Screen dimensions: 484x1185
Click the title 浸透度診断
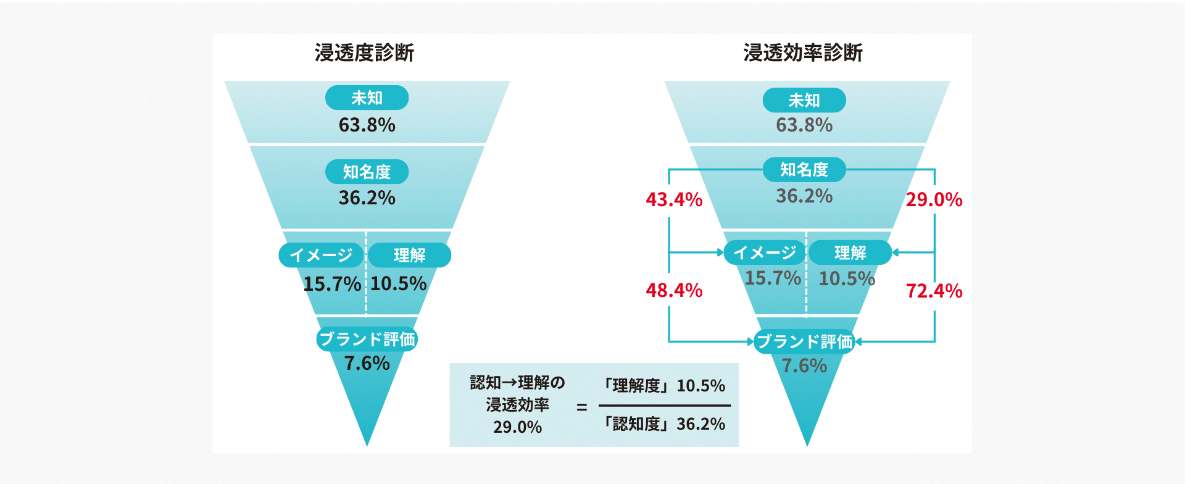(x=364, y=53)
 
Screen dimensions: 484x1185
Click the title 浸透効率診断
(x=802, y=53)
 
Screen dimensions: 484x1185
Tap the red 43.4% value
(x=674, y=199)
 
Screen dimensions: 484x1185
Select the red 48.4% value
(x=674, y=290)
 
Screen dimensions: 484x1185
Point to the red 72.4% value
(x=934, y=291)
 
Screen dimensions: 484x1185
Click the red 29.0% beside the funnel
(x=934, y=199)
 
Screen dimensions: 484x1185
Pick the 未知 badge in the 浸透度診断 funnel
(x=367, y=98)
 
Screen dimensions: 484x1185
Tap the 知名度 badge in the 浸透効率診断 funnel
(x=804, y=169)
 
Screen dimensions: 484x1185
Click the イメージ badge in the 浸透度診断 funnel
(x=322, y=255)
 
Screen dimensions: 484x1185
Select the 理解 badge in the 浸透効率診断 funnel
(x=850, y=252)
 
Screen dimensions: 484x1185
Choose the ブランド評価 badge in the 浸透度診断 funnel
(x=367, y=339)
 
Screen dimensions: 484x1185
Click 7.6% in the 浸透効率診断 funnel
(x=804, y=365)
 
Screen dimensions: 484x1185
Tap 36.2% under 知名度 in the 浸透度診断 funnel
(x=367, y=198)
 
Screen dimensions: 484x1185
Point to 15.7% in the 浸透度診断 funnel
(x=331, y=283)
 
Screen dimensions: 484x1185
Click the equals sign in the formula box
(x=581, y=407)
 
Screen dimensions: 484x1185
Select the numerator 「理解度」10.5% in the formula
(x=664, y=386)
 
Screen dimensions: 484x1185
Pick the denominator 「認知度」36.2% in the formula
(x=664, y=424)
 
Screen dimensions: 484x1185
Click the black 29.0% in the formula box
(x=517, y=427)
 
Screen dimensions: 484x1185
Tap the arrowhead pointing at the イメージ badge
(x=720, y=252)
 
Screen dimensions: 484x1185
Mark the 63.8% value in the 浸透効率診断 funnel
(x=804, y=125)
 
